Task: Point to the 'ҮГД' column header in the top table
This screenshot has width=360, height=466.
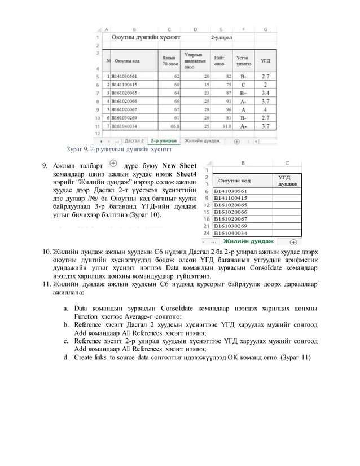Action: pos(264,59)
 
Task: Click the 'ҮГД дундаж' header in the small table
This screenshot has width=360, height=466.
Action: pos(286,181)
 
